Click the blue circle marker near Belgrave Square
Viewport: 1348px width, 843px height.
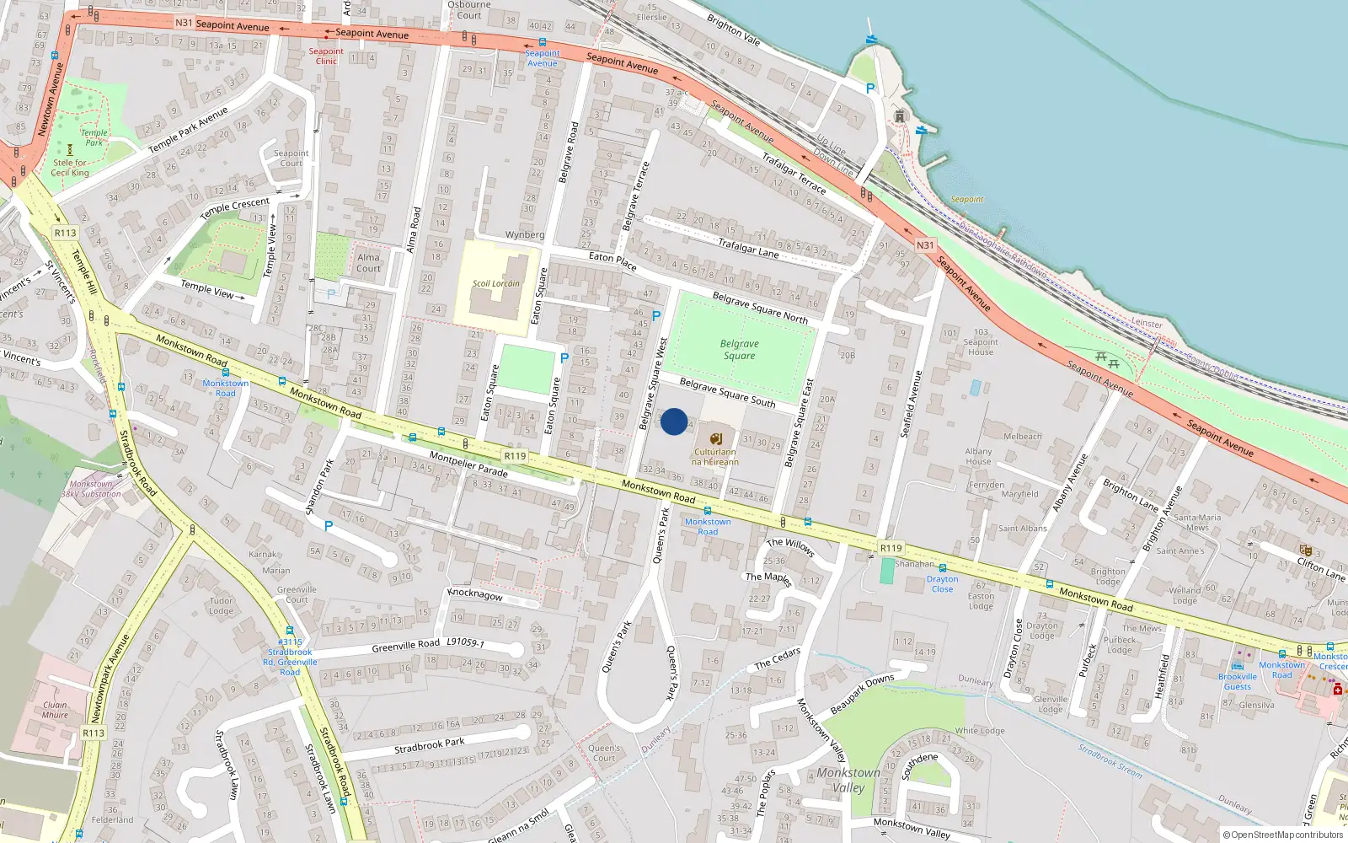(x=674, y=421)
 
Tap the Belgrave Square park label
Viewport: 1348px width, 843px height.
(x=739, y=350)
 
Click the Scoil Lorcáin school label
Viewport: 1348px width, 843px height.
(x=495, y=283)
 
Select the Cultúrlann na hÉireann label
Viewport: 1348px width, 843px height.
(x=714, y=456)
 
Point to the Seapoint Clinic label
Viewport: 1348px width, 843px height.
(x=326, y=56)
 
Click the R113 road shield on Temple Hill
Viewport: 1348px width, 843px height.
(x=65, y=233)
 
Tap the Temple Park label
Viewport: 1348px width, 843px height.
(x=94, y=137)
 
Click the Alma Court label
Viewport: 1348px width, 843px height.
(x=368, y=263)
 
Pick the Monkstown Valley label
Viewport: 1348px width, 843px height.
(x=848, y=780)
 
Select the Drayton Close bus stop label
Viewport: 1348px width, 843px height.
(x=942, y=583)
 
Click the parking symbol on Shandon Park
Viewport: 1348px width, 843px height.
(x=329, y=526)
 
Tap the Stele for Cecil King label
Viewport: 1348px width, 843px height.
(x=70, y=168)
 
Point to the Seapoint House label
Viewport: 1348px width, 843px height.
(x=981, y=341)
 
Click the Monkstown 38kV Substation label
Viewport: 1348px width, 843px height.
(x=91, y=489)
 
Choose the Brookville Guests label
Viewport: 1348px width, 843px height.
(x=1237, y=681)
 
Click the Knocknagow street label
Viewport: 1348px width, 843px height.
(x=475, y=593)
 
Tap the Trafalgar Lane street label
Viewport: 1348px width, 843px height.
(x=748, y=246)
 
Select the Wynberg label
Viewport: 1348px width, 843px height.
(x=525, y=234)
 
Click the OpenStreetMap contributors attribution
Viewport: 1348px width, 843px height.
(x=1282, y=835)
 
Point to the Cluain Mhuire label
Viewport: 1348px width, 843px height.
(x=55, y=710)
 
